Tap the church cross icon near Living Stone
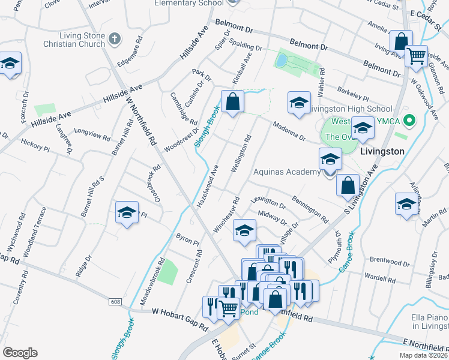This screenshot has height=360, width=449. point(115,40)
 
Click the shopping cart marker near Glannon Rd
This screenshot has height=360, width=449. point(415,57)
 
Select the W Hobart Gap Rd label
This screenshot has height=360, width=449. point(179,313)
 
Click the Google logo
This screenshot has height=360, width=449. point(19,353)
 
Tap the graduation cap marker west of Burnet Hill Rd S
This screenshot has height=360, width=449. point(127,213)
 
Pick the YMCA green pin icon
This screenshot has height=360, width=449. point(410,121)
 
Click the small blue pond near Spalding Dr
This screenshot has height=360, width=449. point(281,61)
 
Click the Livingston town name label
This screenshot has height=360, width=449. point(382,151)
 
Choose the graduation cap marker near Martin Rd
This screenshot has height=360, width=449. point(406,204)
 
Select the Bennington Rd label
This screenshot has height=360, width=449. point(310,208)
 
